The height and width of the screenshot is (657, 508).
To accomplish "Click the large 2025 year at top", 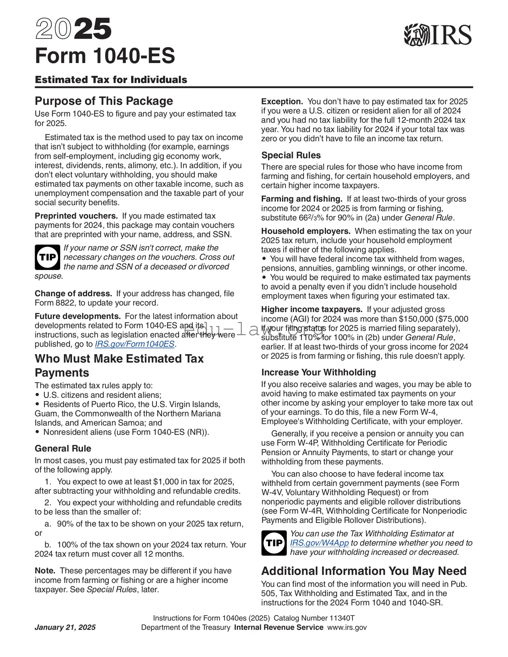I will coord(73,29).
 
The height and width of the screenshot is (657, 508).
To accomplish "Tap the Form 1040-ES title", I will coord(105,56).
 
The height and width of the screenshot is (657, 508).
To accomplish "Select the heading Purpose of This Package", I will coord(104,101).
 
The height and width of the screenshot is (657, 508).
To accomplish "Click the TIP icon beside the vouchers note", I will coord(47,257).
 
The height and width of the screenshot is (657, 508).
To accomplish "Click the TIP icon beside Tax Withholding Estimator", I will coord(274,543).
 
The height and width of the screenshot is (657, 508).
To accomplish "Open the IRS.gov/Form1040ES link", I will coord(135,344).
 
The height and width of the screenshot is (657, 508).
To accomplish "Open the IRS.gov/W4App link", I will coord(319,543).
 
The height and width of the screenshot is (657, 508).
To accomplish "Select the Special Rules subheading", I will coord(291,155).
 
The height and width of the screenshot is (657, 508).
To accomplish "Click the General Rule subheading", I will coord(63,448).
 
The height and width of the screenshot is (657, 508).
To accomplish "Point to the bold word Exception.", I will coord(282,102).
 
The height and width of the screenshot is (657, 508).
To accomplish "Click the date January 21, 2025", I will coord(65,627).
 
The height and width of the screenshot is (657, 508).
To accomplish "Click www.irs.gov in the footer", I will coord(347,627).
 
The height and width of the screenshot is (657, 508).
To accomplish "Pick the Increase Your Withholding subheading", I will coord(318,372).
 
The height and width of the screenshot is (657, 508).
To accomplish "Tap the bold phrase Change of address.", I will coord(73,293).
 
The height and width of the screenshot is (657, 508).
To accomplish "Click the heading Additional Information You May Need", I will coord(364,571).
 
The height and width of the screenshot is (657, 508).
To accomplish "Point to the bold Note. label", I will coord(45,571).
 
